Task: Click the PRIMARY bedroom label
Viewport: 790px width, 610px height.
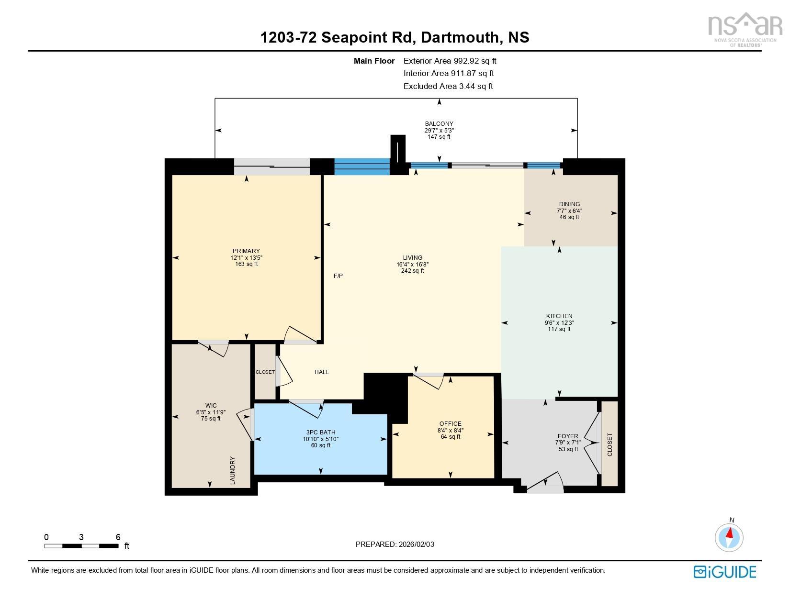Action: click(x=246, y=251)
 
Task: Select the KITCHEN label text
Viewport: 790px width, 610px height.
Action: click(x=559, y=316)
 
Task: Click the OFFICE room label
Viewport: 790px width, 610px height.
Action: click(x=450, y=424)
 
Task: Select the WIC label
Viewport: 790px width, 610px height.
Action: click(x=211, y=406)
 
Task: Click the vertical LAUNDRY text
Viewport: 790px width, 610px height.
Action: click(x=233, y=470)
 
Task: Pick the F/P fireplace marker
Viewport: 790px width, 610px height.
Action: click(x=338, y=276)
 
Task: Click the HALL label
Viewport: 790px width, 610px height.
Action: click(x=322, y=372)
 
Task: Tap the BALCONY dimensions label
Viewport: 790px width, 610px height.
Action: click(x=439, y=130)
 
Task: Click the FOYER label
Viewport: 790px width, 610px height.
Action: click(x=568, y=436)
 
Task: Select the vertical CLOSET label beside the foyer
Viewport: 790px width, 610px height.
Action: click(x=609, y=444)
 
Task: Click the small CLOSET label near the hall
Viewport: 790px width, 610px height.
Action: click(x=265, y=372)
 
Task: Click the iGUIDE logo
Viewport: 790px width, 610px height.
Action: click(x=725, y=572)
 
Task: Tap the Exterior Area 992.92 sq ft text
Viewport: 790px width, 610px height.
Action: click(x=450, y=61)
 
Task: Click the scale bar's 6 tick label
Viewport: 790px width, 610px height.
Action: click(x=118, y=537)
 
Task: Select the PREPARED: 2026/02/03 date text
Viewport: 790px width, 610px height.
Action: click(x=395, y=544)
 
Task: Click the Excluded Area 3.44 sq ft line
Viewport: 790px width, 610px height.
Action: click(x=448, y=87)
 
